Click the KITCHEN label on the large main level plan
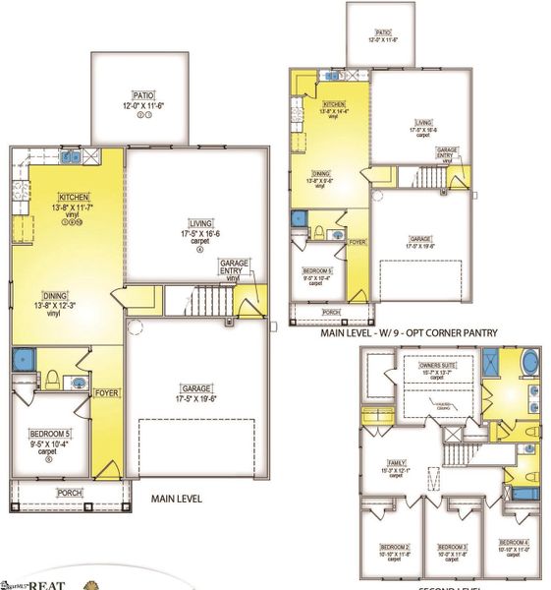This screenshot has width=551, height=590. pyautogui.click(x=73, y=197)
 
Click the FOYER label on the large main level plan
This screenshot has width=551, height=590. pyautogui.click(x=106, y=393)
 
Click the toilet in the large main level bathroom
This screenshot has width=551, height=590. pyautogui.click(x=52, y=378)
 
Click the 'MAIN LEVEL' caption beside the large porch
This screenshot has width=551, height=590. pyautogui.click(x=177, y=500)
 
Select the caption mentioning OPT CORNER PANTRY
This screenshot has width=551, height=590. pyautogui.click(x=409, y=333)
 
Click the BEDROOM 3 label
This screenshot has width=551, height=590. pyautogui.click(x=451, y=547)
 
